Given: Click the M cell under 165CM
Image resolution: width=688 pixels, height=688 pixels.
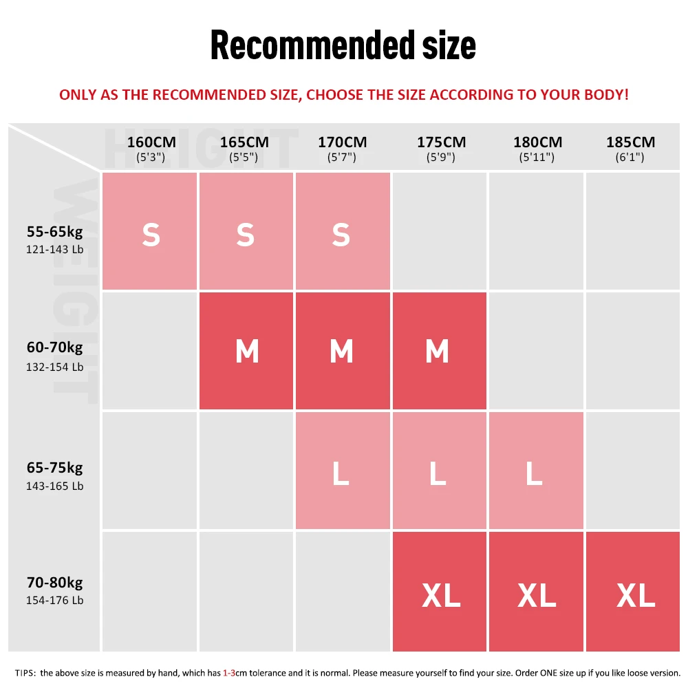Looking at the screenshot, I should [246, 351].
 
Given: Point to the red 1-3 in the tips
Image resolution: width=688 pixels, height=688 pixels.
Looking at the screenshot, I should [229, 672].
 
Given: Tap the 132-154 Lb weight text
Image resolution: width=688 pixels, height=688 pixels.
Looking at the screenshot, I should [54, 367].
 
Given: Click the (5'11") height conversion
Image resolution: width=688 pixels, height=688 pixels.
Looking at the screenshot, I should [537, 157].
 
